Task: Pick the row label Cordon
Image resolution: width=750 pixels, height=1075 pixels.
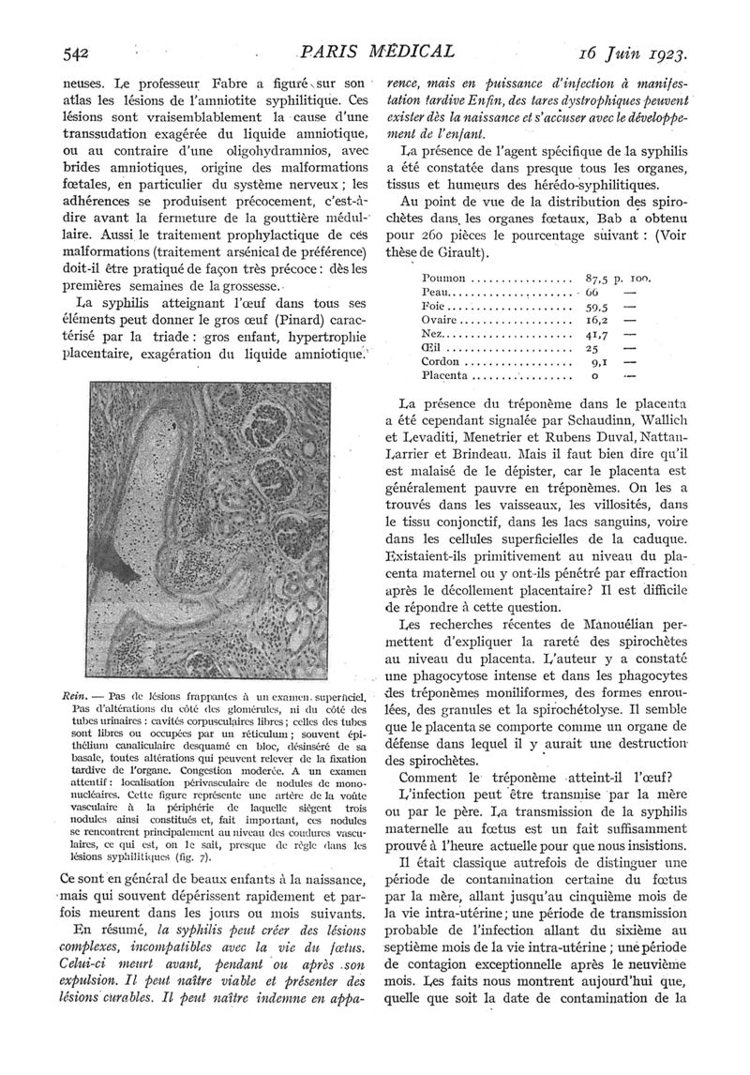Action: pyautogui.click(x=442, y=361)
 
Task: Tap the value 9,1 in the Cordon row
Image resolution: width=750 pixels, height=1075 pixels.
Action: pyautogui.click(x=600, y=361)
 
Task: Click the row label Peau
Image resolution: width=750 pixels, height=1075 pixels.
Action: pyautogui.click(x=438, y=293)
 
